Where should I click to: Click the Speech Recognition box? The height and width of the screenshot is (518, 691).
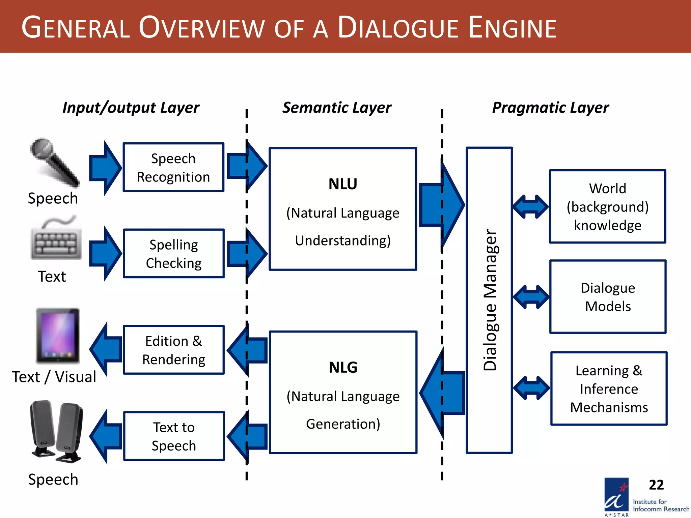[173, 167]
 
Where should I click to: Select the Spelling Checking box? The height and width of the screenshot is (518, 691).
[173, 254]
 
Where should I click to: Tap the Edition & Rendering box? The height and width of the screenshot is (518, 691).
[173, 350]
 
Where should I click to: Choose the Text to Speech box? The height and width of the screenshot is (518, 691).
[173, 436]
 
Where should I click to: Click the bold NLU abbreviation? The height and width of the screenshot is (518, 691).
[343, 184]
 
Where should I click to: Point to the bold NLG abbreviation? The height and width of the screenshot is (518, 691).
[343, 367]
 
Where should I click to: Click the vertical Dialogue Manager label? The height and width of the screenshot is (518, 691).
[490, 300]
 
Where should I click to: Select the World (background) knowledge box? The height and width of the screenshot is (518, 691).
[607, 206]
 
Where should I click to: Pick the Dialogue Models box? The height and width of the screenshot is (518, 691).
[607, 297]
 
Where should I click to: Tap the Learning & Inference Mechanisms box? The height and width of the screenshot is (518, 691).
[609, 388]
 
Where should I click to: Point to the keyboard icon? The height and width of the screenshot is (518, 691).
[56, 240]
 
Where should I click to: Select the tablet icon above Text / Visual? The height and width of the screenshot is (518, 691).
[58, 336]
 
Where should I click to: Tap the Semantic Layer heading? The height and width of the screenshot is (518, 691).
[337, 108]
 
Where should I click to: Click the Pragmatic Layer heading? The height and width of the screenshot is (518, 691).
[550, 108]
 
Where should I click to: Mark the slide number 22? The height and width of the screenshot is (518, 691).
[656, 485]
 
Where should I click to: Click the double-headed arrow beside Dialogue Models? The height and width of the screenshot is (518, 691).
[531, 297]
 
